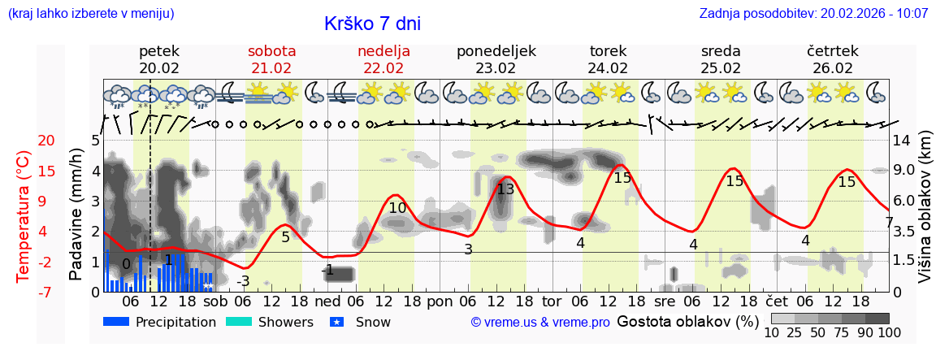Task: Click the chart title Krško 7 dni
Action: click(x=372, y=24)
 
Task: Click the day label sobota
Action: click(x=271, y=51)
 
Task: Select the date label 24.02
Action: click(x=608, y=68)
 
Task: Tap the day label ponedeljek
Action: click(x=496, y=51)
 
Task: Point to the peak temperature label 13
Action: click(x=505, y=189)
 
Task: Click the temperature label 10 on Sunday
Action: click(x=397, y=208)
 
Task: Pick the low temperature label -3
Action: click(x=243, y=281)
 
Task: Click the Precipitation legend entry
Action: click(x=160, y=322)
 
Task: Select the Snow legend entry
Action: click(x=360, y=322)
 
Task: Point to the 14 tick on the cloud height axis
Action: click(x=903, y=140)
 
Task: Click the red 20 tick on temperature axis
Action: click(x=24, y=140)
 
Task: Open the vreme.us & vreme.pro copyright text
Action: click(x=540, y=322)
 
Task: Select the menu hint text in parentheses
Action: click(x=91, y=14)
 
